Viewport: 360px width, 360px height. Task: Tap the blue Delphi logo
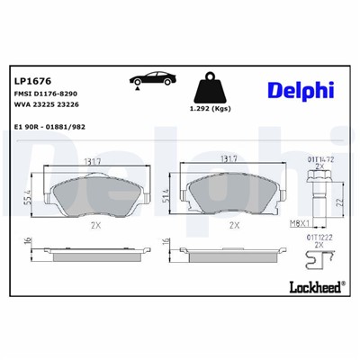pyautogui.click(x=300, y=90)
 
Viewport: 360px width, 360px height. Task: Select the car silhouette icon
pyautogui.click(x=146, y=78)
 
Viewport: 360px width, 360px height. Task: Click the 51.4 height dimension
pyautogui.click(x=166, y=197)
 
